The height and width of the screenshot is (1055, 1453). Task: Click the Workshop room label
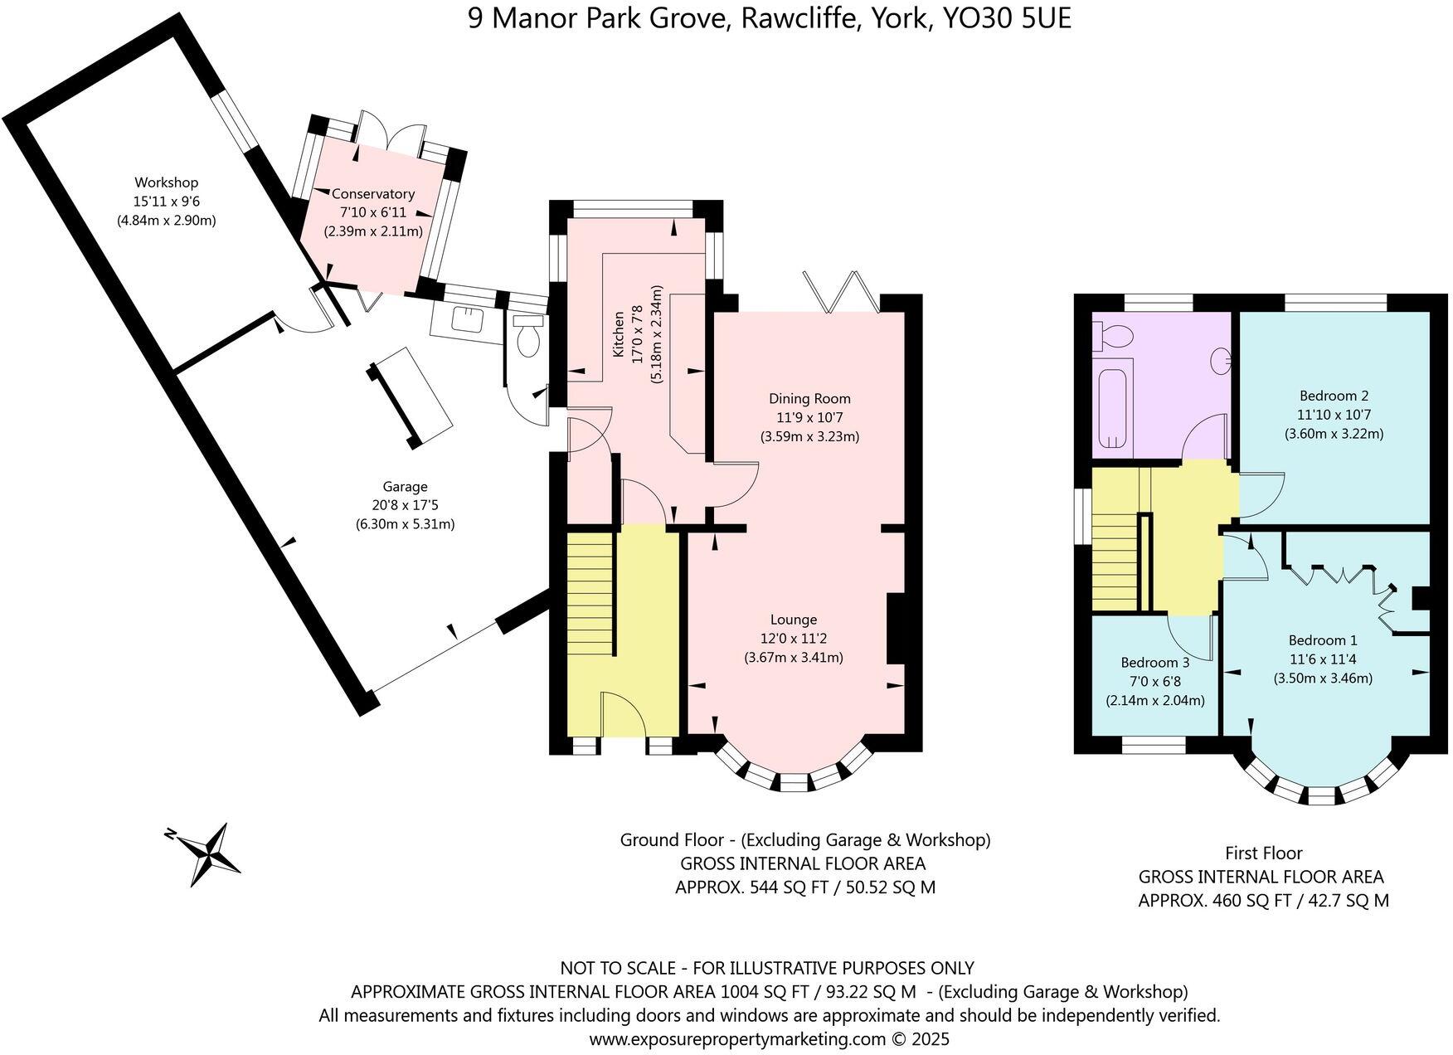[x=167, y=182]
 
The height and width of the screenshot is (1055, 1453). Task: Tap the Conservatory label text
[x=373, y=194]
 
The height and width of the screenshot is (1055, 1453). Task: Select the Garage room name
[x=405, y=487]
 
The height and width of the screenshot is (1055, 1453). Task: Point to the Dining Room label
[x=809, y=399]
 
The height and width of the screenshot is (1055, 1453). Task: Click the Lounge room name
[x=794, y=620]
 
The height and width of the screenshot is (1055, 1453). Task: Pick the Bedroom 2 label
[x=1334, y=396]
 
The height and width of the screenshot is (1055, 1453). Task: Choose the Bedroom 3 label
[x=1154, y=663]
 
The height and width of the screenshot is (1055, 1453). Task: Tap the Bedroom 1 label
[x=1323, y=640]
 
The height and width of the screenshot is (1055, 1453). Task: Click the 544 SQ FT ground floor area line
[x=804, y=887]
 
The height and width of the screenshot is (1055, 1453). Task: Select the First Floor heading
[x=1263, y=853]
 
